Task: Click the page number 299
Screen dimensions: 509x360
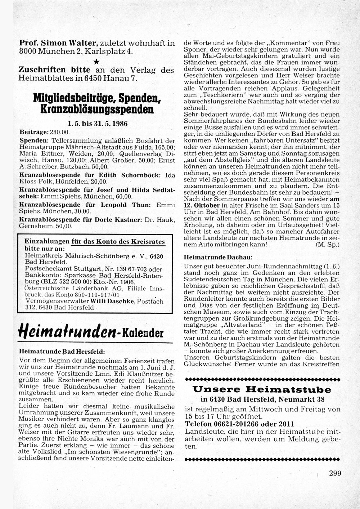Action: pos(335,473)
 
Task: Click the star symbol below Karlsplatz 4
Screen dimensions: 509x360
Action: pos(96,62)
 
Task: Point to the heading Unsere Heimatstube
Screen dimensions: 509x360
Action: pos(262,389)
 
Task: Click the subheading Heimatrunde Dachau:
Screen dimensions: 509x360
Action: pos(218,258)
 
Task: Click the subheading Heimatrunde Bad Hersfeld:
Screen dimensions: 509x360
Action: pos(62,351)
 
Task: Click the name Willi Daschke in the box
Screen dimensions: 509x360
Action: pos(113,301)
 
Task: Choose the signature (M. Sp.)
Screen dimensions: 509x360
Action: pos(327,244)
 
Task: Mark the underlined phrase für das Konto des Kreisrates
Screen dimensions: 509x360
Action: pos(118,242)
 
